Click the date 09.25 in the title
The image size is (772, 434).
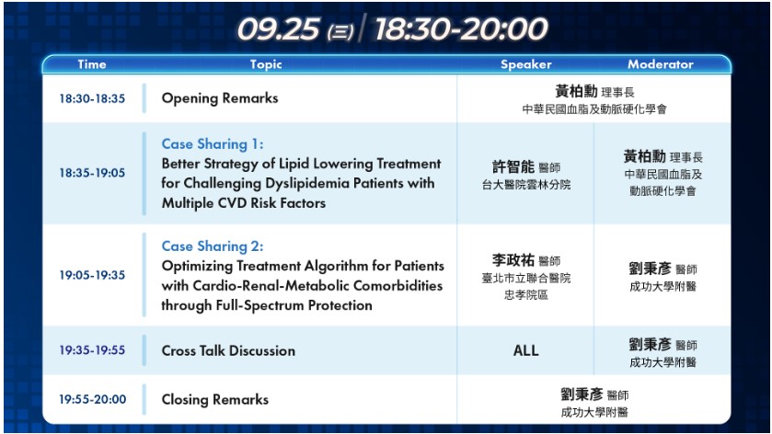(279, 29)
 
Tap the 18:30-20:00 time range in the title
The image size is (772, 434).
(461, 29)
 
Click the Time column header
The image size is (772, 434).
(92, 64)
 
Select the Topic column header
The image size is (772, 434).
(266, 64)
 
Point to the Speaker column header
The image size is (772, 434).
(525, 64)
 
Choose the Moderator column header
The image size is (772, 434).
(661, 64)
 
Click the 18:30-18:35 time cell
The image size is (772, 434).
(92, 98)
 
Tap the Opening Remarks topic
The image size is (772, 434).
(220, 97)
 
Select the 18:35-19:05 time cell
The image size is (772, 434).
(92, 173)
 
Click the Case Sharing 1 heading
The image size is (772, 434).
(213, 144)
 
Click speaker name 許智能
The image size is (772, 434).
(513, 166)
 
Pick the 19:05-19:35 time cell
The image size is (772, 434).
(92, 275)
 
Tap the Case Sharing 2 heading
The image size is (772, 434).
(213, 246)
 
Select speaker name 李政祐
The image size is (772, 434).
(513, 260)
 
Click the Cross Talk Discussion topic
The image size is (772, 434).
(228, 351)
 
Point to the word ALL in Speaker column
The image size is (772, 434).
(525, 350)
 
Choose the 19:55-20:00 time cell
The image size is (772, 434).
(93, 399)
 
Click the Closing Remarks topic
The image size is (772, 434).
(215, 400)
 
